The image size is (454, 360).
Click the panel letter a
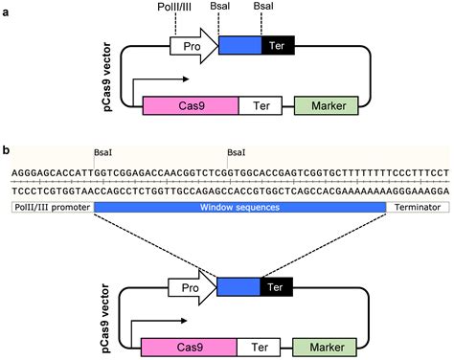click(7, 10)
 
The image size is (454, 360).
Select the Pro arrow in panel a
click(193, 46)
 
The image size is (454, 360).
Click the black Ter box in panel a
click(278, 46)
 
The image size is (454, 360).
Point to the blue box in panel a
click(239, 46)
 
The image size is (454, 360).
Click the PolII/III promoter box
click(52, 207)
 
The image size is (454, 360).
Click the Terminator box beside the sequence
click(416, 207)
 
